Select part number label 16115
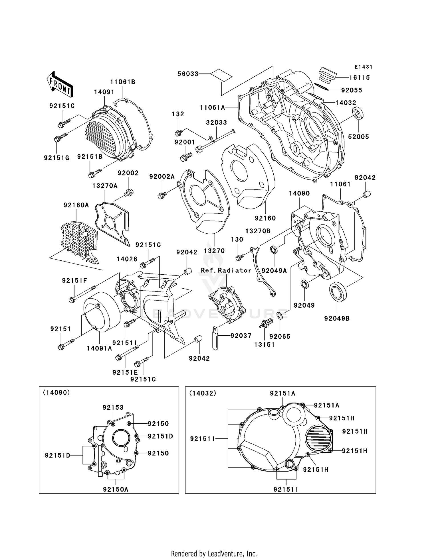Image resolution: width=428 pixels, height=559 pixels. (x=359, y=77)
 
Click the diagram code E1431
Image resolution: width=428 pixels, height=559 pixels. (x=364, y=67)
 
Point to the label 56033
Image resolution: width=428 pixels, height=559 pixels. (x=188, y=74)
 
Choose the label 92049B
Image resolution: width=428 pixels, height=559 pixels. (x=337, y=319)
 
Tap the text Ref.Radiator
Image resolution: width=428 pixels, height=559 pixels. (x=226, y=270)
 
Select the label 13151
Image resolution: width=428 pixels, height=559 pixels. (x=264, y=345)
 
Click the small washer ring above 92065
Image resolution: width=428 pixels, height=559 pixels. (x=280, y=316)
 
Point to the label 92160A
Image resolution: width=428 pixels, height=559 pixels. (x=76, y=205)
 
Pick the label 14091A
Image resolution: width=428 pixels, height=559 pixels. (x=99, y=348)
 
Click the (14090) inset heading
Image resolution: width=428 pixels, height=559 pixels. (x=56, y=393)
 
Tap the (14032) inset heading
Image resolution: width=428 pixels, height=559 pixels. (x=203, y=393)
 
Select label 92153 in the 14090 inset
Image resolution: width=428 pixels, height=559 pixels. (x=113, y=407)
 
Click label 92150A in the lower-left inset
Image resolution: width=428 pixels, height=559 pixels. (x=116, y=489)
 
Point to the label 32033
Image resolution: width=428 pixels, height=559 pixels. (x=216, y=123)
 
